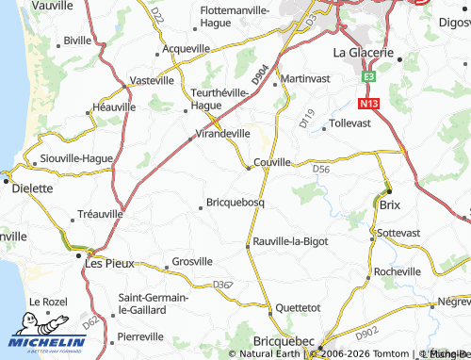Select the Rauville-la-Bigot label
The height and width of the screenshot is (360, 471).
pyautogui.click(x=291, y=242)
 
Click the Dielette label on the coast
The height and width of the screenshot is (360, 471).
pyautogui.click(x=33, y=188)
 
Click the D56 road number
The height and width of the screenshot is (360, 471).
pyautogui.click(x=321, y=170)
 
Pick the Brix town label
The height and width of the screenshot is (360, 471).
pyautogui.click(x=389, y=204)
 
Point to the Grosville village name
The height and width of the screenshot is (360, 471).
pyautogui.click(x=194, y=261)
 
